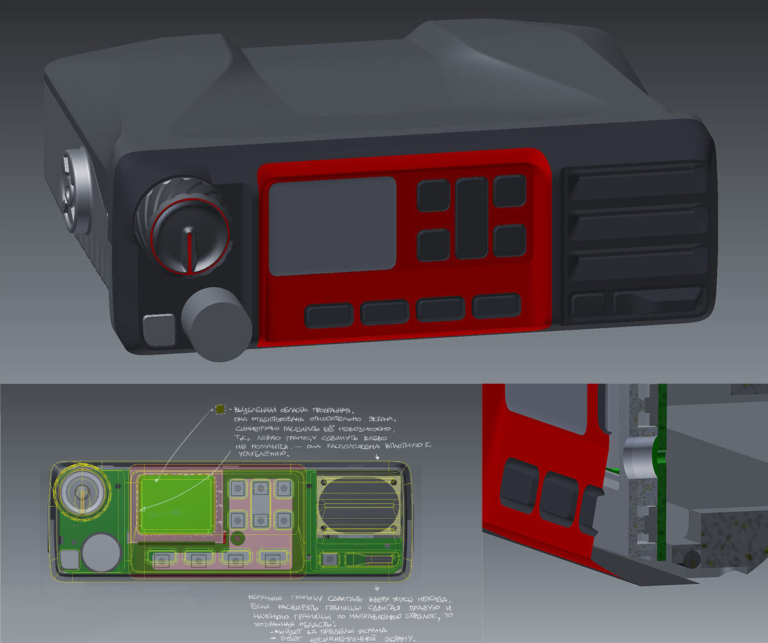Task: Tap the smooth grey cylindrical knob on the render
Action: click(x=215, y=324)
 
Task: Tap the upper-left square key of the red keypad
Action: click(x=433, y=195)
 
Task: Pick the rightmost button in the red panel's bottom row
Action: click(x=496, y=306)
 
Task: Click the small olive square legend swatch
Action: click(x=220, y=409)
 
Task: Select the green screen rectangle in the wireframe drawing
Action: click(x=176, y=505)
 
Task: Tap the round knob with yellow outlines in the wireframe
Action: click(x=83, y=491)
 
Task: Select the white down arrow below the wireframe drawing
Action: click(x=376, y=586)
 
